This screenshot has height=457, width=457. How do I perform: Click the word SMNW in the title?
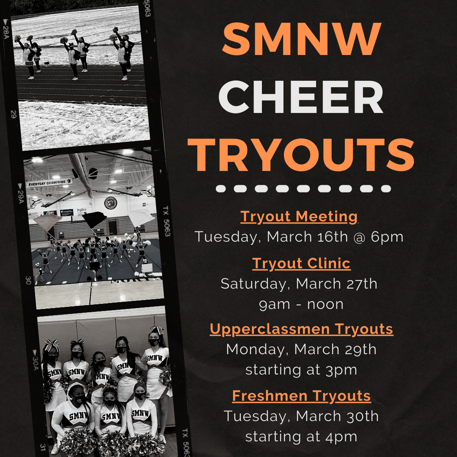click(302, 39)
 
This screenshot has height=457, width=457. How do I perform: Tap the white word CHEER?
click(301, 97)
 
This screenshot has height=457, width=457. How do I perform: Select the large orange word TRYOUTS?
click(301, 155)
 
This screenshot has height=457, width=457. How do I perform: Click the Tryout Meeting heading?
click(299, 217)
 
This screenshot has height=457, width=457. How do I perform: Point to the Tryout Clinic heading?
click(301, 264)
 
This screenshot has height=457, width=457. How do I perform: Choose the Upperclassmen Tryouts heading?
click(301, 329)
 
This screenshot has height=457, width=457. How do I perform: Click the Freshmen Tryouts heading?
click(301, 396)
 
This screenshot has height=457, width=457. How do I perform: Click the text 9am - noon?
click(301, 305)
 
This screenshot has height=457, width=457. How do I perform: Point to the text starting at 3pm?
click(301, 370)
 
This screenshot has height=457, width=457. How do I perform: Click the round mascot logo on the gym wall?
click(111, 203)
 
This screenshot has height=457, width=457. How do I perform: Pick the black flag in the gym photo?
click(94, 219)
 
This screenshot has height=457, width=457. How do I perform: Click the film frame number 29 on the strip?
click(14, 114)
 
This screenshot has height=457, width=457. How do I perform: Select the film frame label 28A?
click(6, 29)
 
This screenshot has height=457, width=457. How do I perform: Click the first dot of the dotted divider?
click(220, 189)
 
